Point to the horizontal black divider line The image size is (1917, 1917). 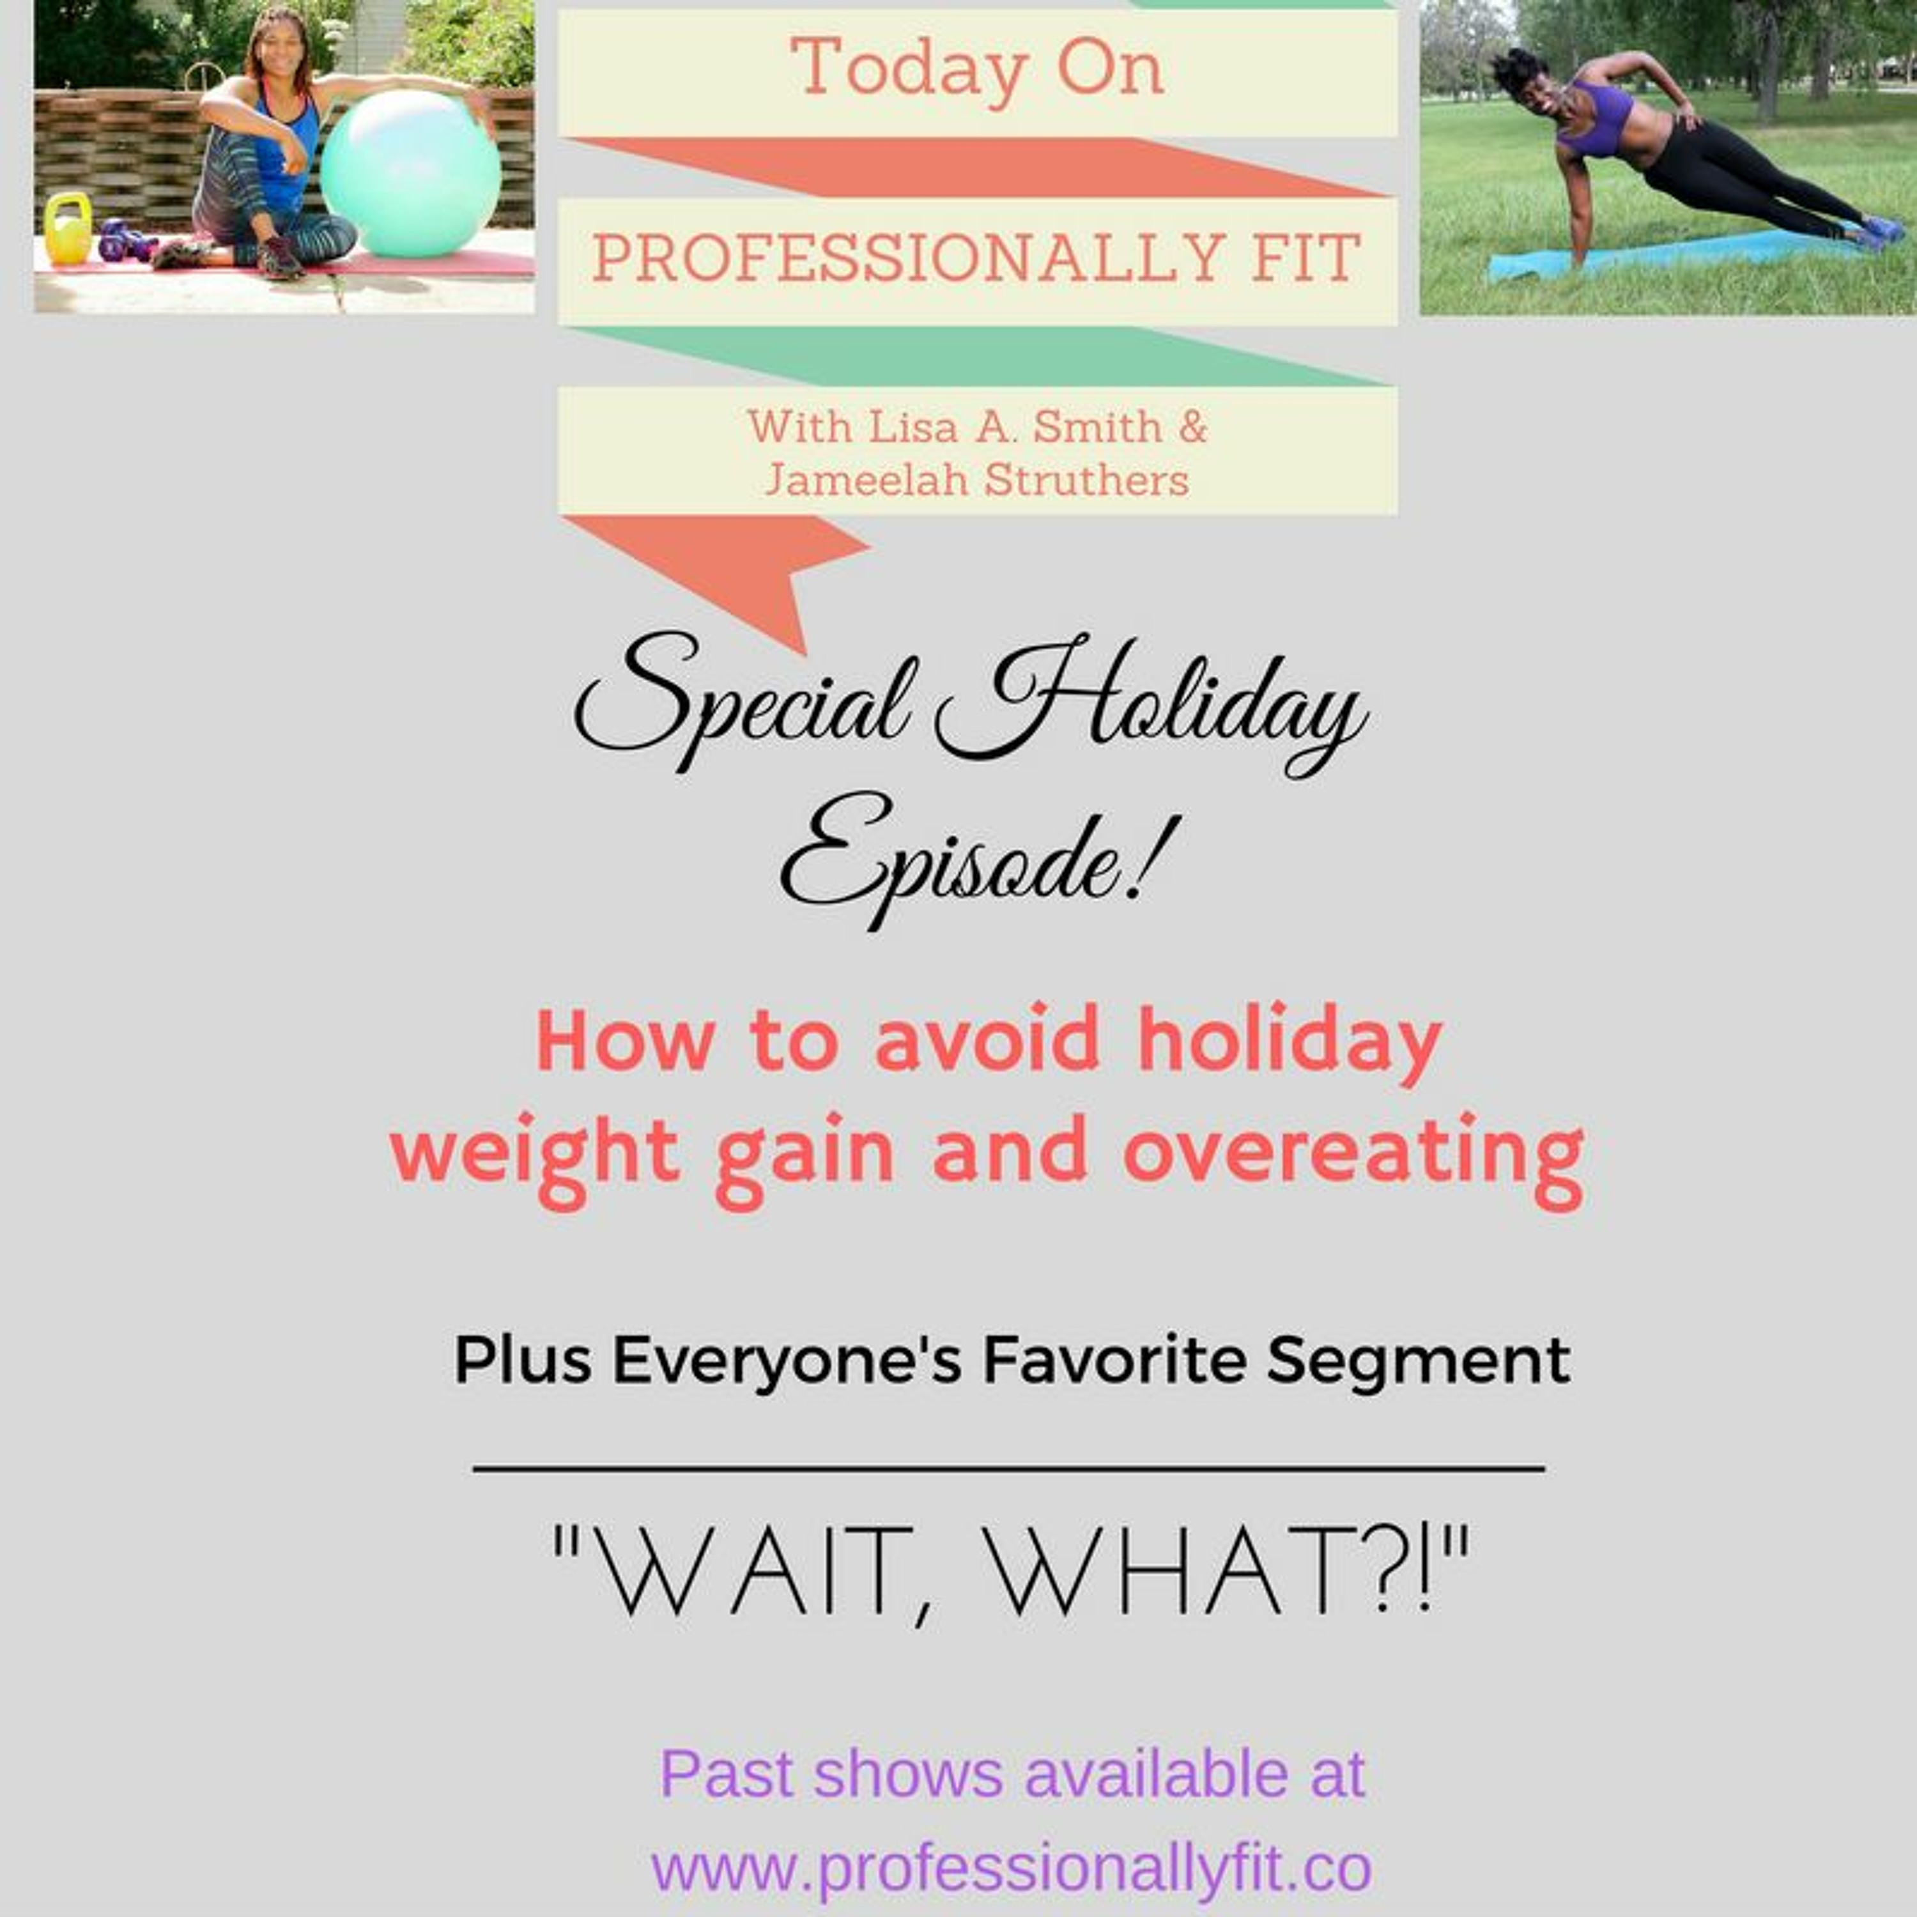1008,1468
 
